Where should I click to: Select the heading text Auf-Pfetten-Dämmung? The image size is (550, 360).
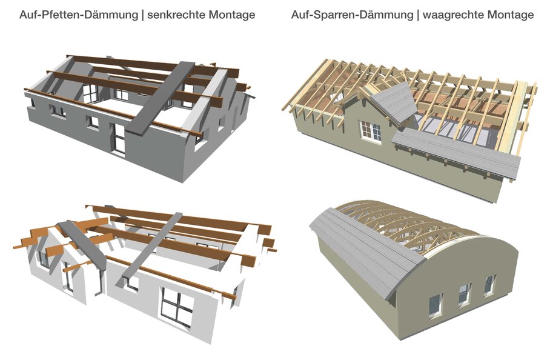pos(79,15)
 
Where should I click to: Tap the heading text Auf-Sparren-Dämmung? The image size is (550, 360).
pos(352,15)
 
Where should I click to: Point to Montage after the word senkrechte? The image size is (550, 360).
pos(232,15)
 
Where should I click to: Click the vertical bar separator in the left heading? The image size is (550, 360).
pos(142,15)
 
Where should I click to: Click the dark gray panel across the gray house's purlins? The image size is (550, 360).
pos(160,98)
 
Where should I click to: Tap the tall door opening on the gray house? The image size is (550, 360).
pos(119,139)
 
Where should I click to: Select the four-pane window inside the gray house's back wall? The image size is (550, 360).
pos(90,94)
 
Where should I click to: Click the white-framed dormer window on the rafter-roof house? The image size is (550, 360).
pos(371,132)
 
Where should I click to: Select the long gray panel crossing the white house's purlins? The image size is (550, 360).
pos(153,245)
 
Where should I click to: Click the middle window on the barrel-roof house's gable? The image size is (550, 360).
pos(465,294)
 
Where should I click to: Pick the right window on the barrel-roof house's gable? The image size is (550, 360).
pos(489,285)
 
